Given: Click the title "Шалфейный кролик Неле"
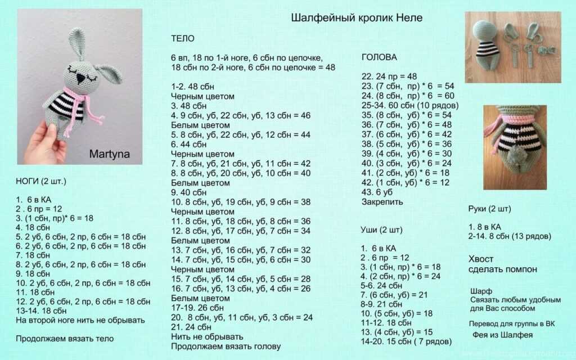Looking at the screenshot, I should coord(357,18).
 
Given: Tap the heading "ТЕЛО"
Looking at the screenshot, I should coord(183,39).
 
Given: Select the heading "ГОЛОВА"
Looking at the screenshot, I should coord(379,57).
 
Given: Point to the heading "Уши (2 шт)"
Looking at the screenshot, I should coord(382,229).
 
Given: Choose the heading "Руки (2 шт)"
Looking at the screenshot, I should coord(489,209).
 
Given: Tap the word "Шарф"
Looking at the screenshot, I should coord(481,291).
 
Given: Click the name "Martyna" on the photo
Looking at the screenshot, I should coord(108,152).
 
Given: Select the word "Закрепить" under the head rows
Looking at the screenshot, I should coord(382,201).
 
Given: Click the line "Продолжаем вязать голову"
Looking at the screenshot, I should coord(226,346).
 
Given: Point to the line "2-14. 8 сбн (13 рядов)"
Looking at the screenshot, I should coord(510,236).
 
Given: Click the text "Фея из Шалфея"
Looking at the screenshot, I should coord(502,335).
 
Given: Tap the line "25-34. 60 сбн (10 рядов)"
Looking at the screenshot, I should coord(410,105).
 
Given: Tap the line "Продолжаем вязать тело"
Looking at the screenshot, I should coord(65,339).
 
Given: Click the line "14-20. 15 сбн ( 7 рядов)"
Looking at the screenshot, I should coord(406,341).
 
